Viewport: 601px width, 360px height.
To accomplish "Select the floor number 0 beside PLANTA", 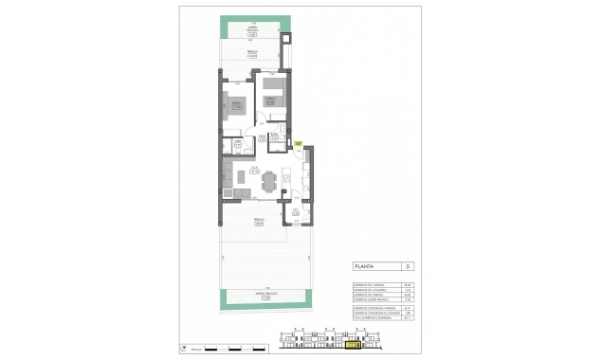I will [407, 267].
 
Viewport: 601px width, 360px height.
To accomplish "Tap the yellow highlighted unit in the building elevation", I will [353, 346].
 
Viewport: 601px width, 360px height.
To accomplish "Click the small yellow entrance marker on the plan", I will [297, 144].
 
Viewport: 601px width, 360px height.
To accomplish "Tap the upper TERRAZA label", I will [251, 54].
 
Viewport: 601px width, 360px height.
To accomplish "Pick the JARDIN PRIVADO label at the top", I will [251, 33].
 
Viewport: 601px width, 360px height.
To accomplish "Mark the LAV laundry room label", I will [296, 212].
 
